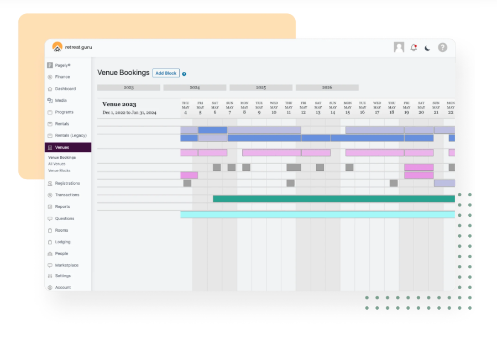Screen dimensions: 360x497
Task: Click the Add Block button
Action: (x=166, y=73)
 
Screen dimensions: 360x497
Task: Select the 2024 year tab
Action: (x=195, y=87)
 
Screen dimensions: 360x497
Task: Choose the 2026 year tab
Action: (x=327, y=87)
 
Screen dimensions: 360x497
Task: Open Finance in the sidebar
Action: (x=62, y=77)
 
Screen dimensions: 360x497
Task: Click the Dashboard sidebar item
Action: (x=65, y=88)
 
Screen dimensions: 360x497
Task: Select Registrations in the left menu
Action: (x=67, y=183)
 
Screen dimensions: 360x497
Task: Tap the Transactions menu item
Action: (x=67, y=195)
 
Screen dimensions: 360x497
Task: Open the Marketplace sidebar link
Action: (x=66, y=265)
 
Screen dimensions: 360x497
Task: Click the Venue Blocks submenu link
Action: (x=59, y=170)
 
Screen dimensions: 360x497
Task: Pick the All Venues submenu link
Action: (x=57, y=164)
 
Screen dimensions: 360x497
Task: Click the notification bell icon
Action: (x=414, y=48)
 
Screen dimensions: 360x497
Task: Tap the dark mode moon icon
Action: (x=427, y=48)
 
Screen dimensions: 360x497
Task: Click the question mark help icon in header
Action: (x=443, y=48)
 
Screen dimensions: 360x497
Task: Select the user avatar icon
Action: (x=399, y=48)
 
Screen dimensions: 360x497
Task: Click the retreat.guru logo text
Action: (x=79, y=47)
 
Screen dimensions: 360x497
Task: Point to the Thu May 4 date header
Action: (x=185, y=108)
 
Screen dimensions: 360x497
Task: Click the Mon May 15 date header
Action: (x=347, y=108)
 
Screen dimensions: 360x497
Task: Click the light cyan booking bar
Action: (x=317, y=214)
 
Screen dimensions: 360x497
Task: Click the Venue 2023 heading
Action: (x=119, y=104)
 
